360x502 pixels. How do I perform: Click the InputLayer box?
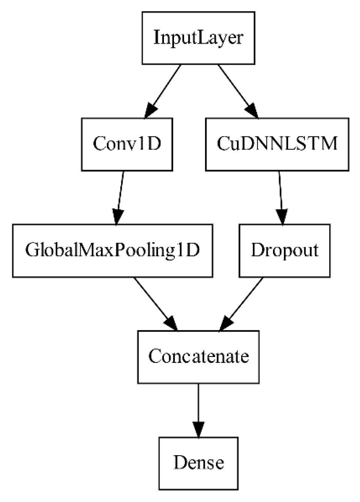[198, 38]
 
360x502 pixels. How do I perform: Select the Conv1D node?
[127, 144]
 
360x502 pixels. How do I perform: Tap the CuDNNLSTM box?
[277, 144]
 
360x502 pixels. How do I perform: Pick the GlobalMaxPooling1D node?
[112, 251]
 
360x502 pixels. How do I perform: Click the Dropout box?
[285, 251]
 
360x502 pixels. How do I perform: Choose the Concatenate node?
[198, 357]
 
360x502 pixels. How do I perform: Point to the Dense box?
[198, 463]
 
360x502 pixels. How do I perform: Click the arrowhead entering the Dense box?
[198, 429]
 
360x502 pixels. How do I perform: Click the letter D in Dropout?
[257, 250]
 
